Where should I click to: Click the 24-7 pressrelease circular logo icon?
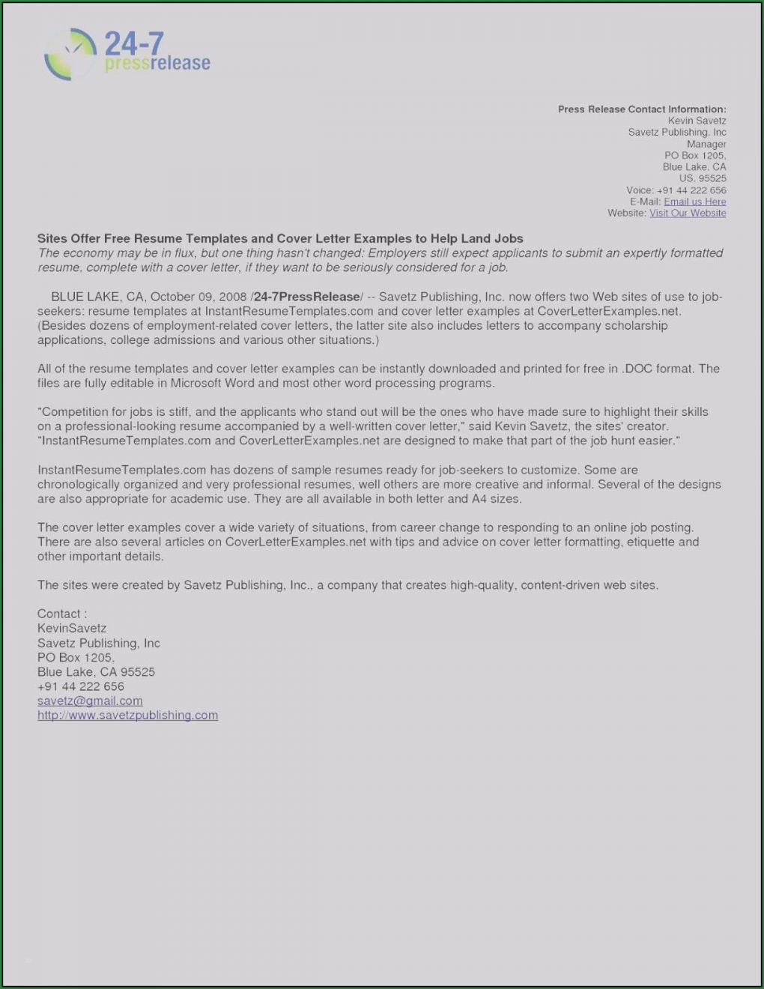click(x=70, y=54)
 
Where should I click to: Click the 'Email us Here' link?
click(x=694, y=202)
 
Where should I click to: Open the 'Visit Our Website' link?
click(x=687, y=213)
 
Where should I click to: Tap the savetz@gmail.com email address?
click(x=90, y=701)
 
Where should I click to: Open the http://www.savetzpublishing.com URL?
click(x=127, y=715)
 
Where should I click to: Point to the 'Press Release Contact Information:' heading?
click(x=641, y=109)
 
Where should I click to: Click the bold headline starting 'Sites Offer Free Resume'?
click(x=280, y=238)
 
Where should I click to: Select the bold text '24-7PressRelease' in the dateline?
click(x=307, y=297)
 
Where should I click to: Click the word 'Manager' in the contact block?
click(x=706, y=144)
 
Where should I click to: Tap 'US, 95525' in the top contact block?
click(x=703, y=178)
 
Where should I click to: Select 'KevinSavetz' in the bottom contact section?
click(x=72, y=629)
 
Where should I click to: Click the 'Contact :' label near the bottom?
click(x=62, y=614)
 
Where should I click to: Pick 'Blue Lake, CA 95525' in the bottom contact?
click(x=96, y=672)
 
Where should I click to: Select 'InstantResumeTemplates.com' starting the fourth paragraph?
click(x=121, y=470)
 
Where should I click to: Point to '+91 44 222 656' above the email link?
click(x=81, y=686)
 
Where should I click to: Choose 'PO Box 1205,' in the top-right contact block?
click(x=695, y=155)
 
